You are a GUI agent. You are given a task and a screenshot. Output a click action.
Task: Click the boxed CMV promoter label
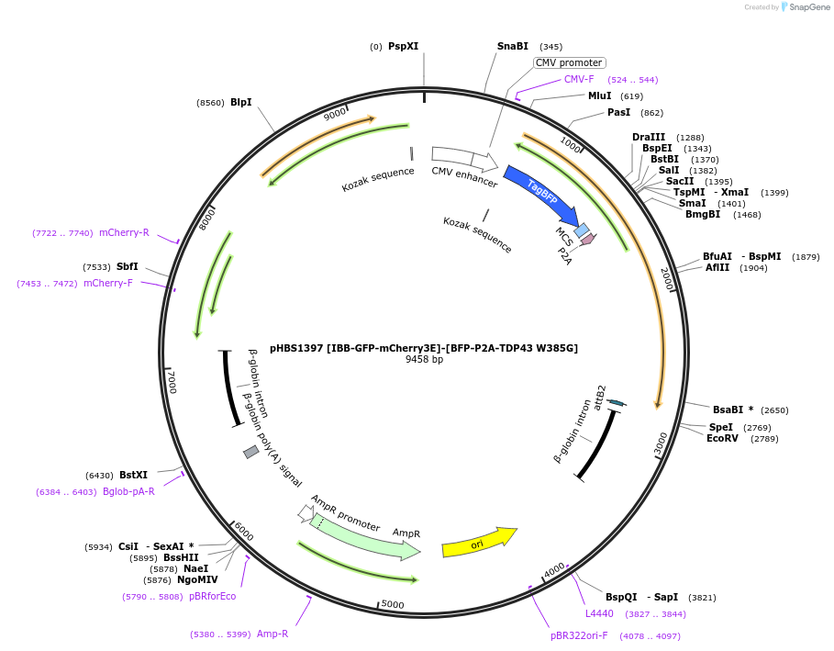pos(569,63)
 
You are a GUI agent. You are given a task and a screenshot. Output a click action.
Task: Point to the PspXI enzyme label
pos(403,46)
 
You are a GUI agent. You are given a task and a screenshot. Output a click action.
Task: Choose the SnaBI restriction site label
pos(512,46)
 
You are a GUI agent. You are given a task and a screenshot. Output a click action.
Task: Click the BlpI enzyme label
pos(240,102)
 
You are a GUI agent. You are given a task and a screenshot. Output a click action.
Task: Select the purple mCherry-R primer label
pos(124,232)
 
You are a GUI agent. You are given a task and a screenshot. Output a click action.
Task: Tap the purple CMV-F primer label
pos(579,79)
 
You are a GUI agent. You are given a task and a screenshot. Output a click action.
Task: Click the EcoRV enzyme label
pos(722,438)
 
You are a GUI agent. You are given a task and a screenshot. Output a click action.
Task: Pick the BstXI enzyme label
pos(133,475)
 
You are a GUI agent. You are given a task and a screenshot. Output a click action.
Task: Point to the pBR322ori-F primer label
pos(579,635)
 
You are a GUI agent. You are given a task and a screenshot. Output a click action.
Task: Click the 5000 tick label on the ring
pos(392,604)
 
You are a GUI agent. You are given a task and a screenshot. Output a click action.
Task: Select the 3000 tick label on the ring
pos(662,443)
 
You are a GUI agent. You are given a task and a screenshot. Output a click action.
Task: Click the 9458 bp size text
pos(424,359)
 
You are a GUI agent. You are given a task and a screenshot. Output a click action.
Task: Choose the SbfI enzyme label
pos(128,267)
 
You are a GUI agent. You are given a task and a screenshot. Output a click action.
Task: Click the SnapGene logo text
pos(811,7)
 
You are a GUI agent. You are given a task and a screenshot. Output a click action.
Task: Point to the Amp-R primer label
pos(272,634)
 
